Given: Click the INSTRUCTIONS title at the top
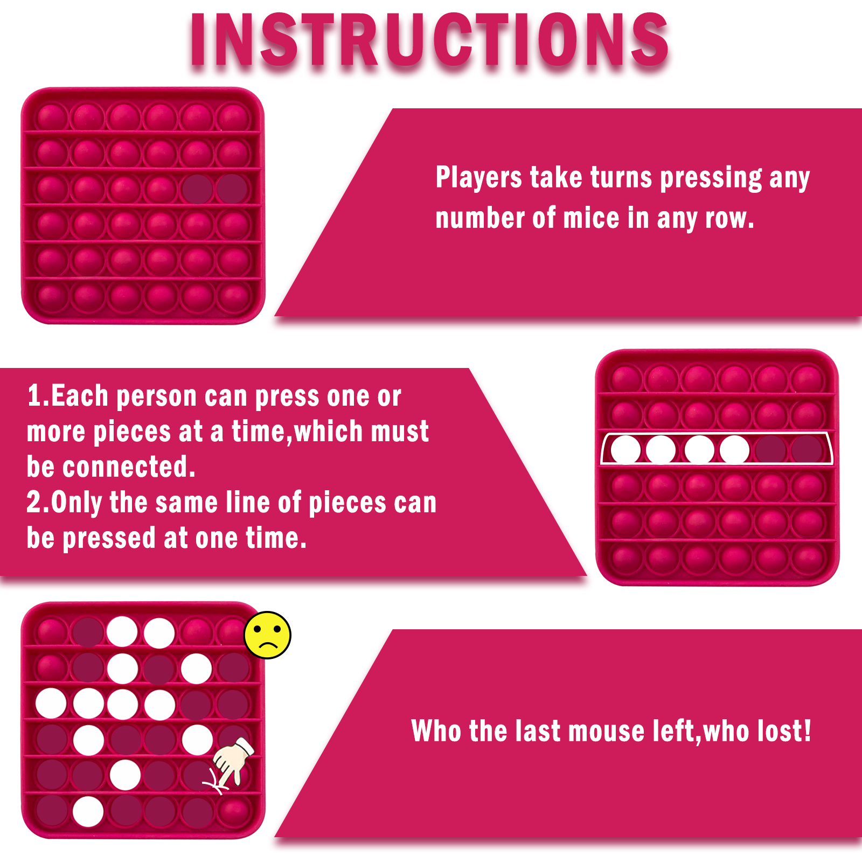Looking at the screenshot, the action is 429,40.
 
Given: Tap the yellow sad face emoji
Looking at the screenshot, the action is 267,635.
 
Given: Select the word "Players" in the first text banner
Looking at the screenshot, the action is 479,178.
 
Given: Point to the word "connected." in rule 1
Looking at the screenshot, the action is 129,467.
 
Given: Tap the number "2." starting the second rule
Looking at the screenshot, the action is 38,502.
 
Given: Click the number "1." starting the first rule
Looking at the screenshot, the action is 38,396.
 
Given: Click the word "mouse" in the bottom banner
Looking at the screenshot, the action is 607,732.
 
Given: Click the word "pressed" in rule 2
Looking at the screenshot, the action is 109,538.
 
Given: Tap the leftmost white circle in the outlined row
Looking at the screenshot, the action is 625,450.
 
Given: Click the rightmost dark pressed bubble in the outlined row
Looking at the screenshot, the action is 807,449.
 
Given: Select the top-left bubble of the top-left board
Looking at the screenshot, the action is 52,117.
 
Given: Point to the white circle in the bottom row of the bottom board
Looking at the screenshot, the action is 88,811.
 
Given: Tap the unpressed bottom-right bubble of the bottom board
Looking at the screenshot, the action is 233,810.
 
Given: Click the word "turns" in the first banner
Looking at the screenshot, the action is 622,178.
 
